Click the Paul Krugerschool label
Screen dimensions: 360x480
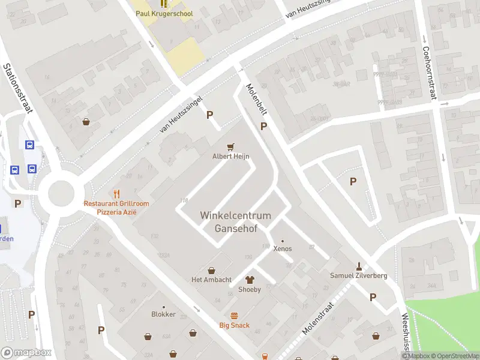(x=164, y=13)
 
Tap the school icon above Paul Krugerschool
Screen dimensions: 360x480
(x=164, y=4)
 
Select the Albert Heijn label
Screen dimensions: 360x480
(x=231, y=157)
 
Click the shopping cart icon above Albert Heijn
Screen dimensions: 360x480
(x=231, y=146)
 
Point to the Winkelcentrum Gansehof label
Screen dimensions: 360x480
(x=235, y=222)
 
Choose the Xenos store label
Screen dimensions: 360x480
(x=283, y=248)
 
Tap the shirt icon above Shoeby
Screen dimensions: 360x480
(x=250, y=280)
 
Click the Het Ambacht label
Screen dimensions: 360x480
(x=211, y=280)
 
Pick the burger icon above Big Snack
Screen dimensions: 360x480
(x=234, y=316)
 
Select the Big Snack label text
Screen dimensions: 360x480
(x=234, y=326)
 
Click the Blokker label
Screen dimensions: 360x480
(x=163, y=314)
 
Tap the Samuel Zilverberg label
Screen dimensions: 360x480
(x=359, y=276)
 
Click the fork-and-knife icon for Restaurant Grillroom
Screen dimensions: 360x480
(x=116, y=194)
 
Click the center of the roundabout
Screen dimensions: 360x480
(x=62, y=193)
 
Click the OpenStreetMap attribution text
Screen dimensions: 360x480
(x=452, y=356)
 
